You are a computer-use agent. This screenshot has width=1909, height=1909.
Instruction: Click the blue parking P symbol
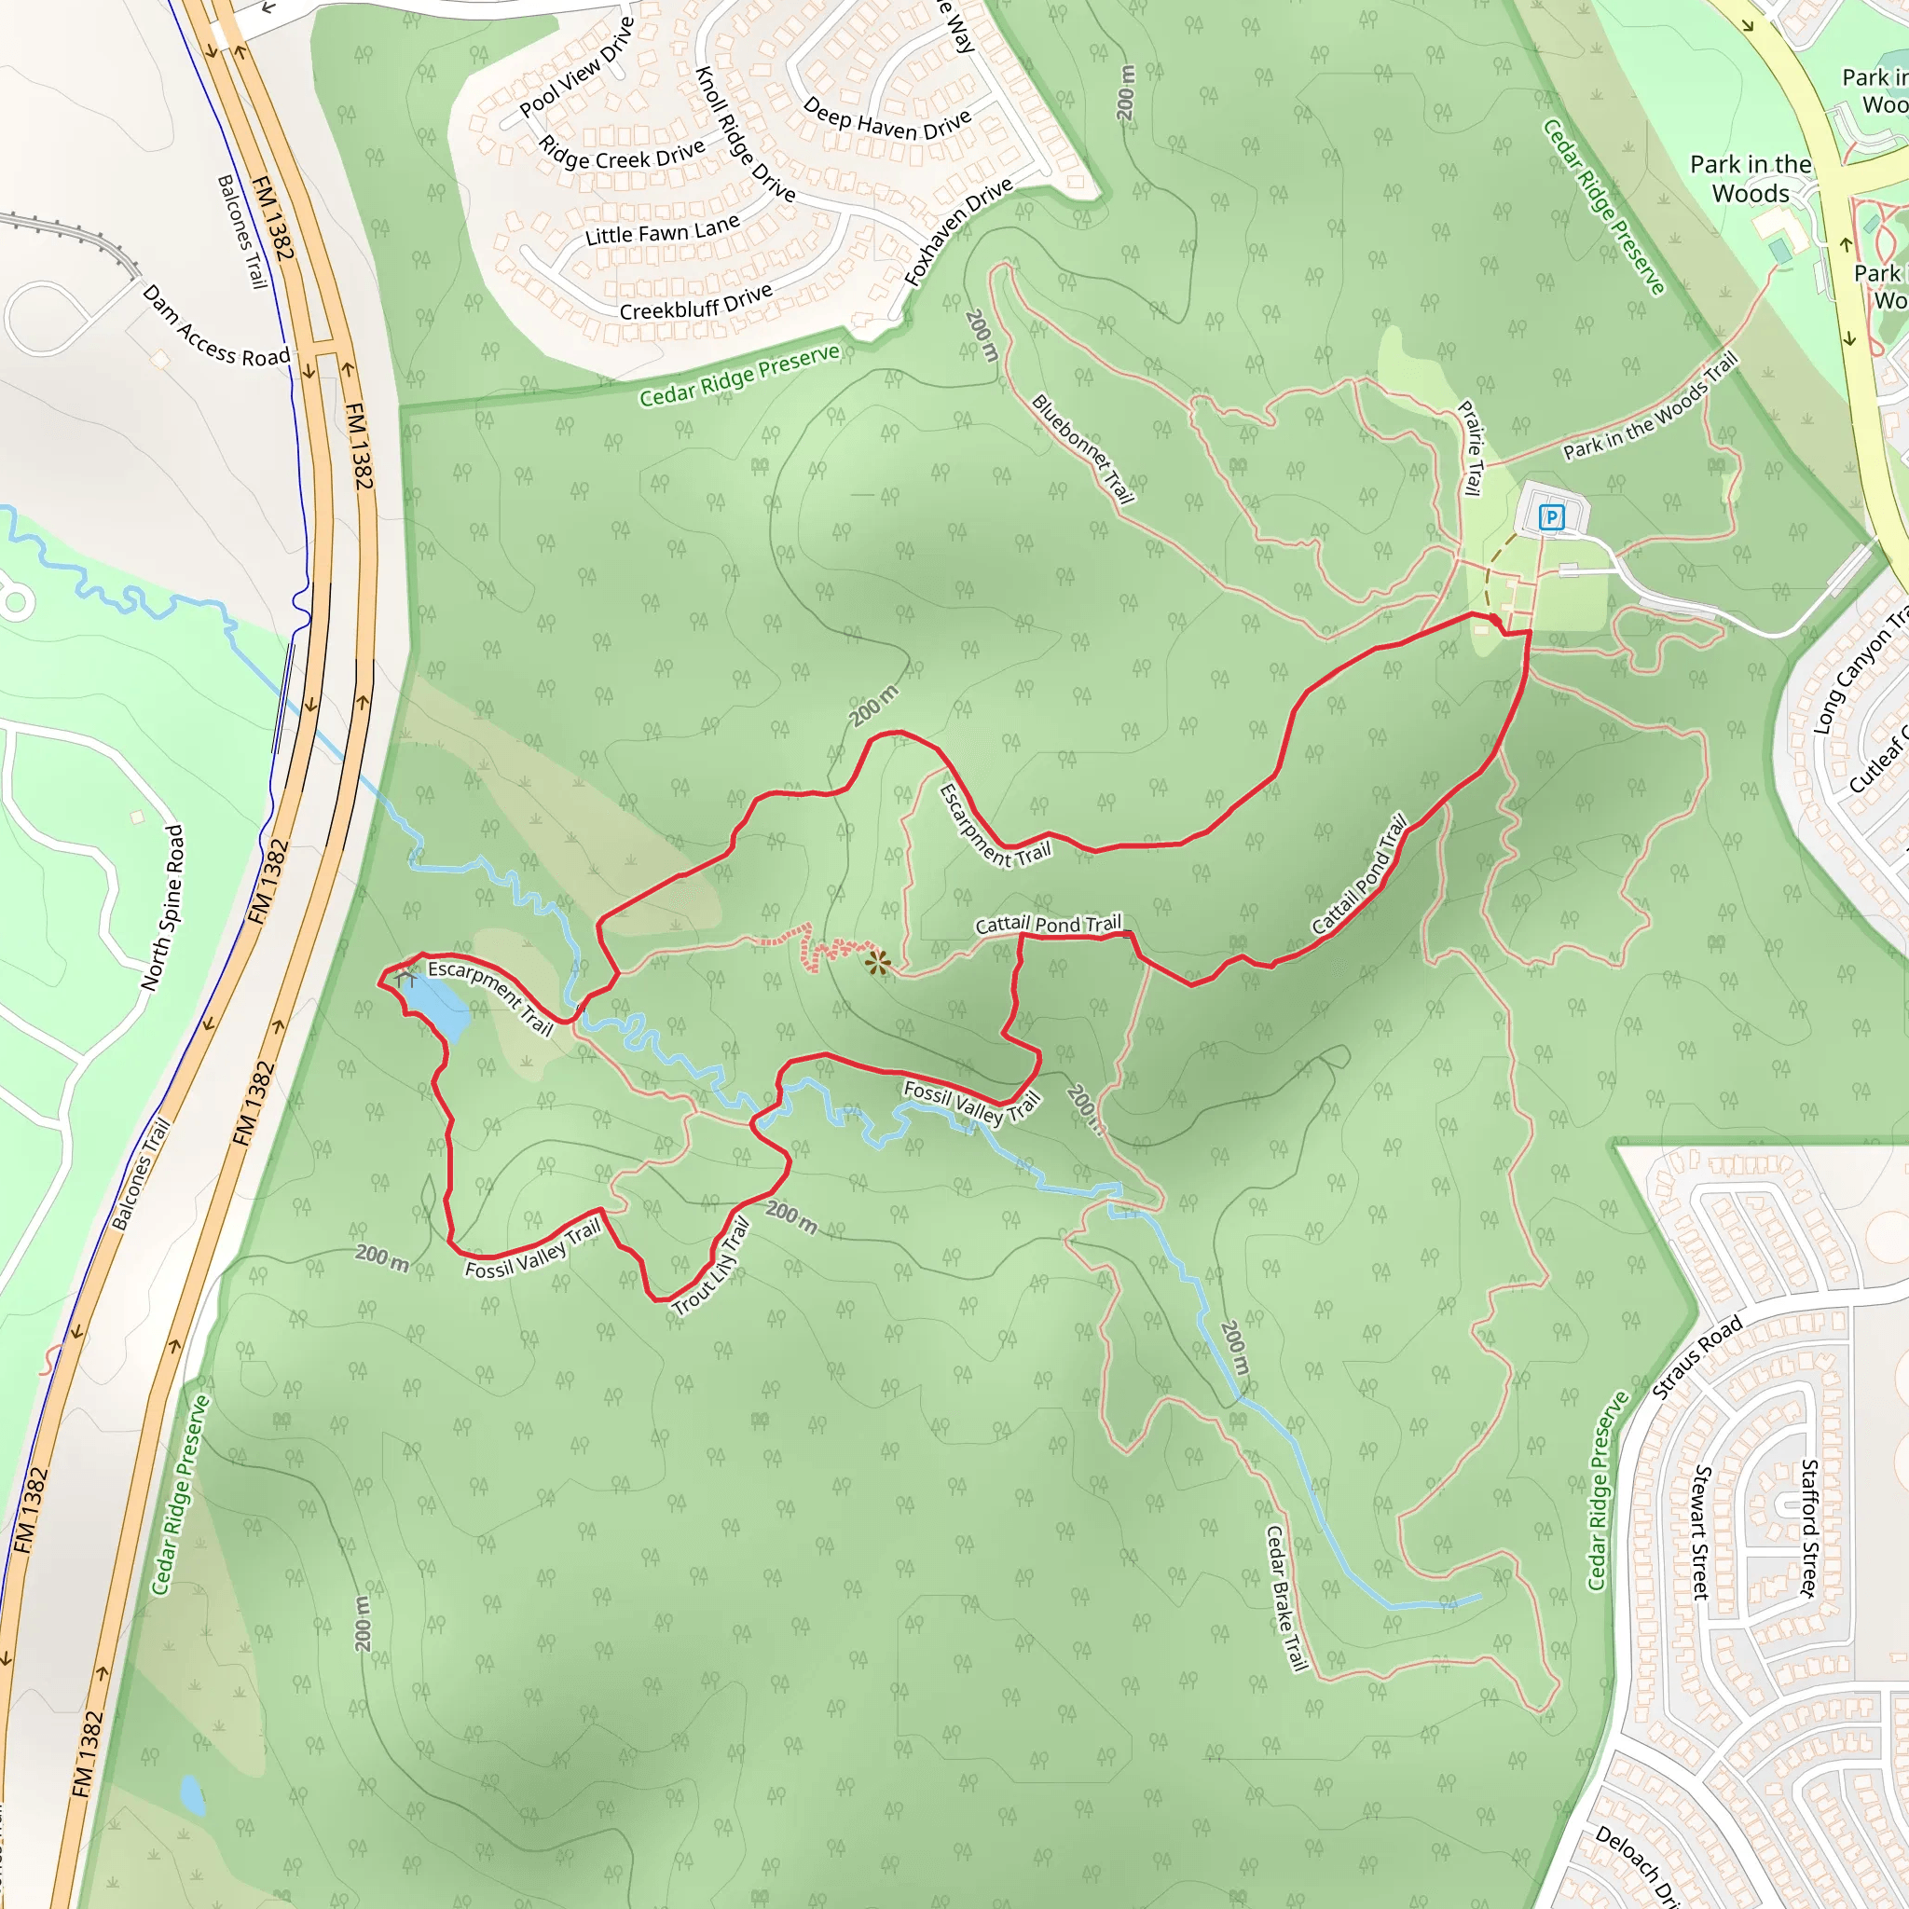[x=1551, y=516]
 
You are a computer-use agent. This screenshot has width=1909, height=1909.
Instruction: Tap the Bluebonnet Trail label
[x=1082, y=448]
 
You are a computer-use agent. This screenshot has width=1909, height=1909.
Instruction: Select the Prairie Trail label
[x=1471, y=447]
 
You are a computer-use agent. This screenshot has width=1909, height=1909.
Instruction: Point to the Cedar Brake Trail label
[x=1286, y=1598]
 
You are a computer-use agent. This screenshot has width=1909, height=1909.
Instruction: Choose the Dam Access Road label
[x=215, y=326]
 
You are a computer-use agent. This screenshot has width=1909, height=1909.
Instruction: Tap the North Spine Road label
[x=163, y=907]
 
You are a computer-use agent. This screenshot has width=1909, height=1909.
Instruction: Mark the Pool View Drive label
[x=576, y=67]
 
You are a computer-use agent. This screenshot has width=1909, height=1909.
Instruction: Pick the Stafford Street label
[x=1807, y=1528]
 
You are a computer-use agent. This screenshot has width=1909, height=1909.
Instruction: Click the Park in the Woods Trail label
[x=1649, y=408]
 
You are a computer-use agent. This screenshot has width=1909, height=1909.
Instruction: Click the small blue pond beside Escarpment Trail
[x=438, y=1006]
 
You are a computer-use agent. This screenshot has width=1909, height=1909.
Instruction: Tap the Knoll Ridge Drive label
[x=745, y=134]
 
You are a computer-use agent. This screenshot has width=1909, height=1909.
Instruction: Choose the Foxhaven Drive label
[x=957, y=231]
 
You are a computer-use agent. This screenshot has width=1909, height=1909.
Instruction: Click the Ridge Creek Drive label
[x=622, y=153]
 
